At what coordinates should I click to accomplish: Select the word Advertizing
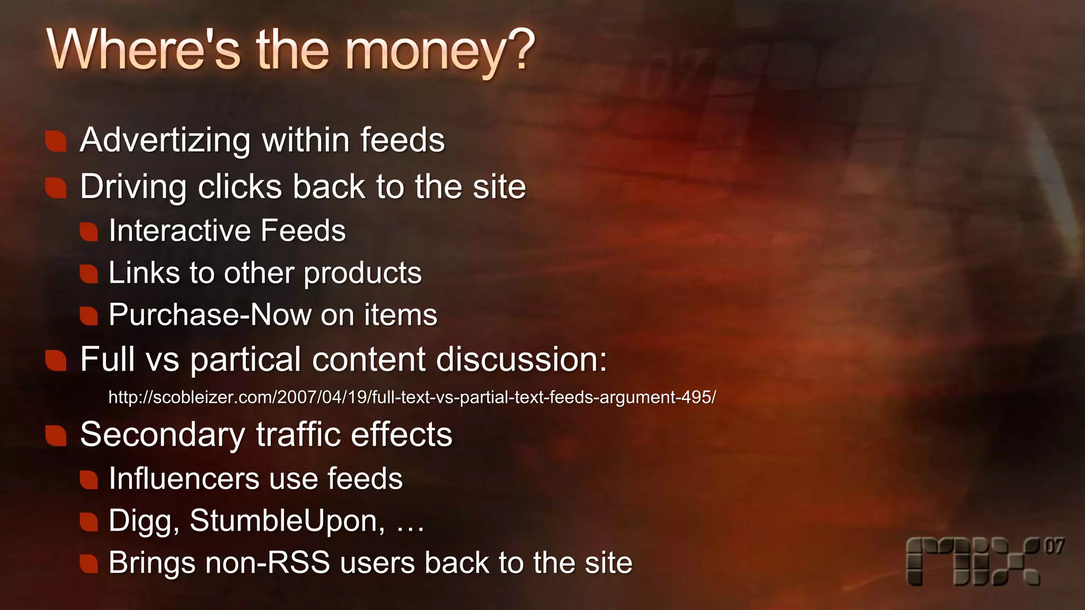(165, 141)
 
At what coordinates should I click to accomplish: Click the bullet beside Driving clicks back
(56, 187)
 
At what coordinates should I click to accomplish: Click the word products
(362, 274)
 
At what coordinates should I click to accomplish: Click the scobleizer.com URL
(412, 397)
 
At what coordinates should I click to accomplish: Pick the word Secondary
(162, 435)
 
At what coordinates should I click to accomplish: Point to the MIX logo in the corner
(973, 561)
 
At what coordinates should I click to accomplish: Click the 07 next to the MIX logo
(1054, 546)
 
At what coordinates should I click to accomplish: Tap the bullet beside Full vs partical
(56, 361)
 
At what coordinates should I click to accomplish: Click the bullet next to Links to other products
(89, 274)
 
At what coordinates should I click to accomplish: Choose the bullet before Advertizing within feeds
(56, 141)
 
